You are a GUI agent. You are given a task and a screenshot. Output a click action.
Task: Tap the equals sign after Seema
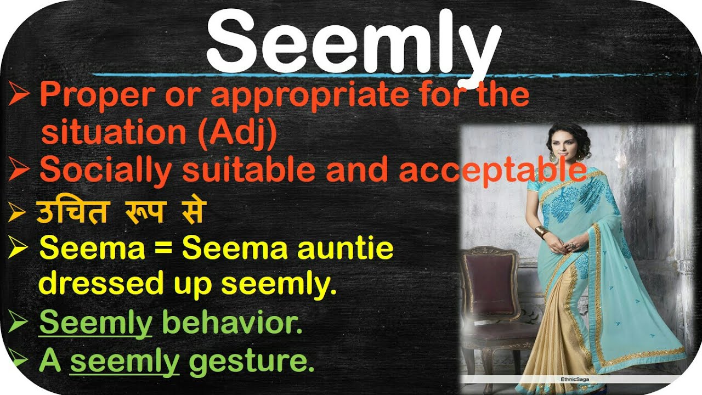tap(164, 249)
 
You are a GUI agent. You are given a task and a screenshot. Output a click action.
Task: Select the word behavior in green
tap(233, 324)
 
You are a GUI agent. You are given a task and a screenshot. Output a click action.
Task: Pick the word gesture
tap(252, 362)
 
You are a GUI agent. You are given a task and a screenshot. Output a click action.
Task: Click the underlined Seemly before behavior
tap(95, 324)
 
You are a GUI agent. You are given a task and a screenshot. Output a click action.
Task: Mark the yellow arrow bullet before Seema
tap(19, 250)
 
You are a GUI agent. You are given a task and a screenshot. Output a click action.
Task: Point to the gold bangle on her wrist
tap(541, 232)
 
